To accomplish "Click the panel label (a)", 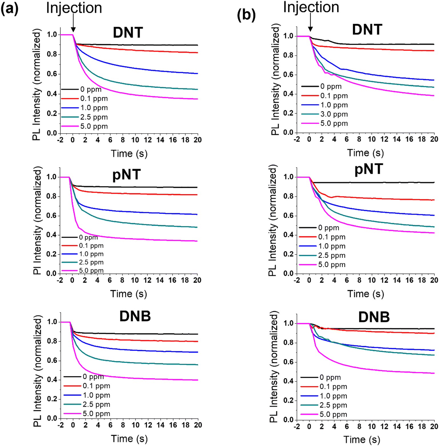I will [9, 9].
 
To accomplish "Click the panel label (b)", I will [246, 15].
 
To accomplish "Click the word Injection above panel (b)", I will [311, 7].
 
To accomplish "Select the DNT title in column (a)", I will [128, 32].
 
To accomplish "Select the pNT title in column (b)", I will [368, 169].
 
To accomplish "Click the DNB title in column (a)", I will [135, 316].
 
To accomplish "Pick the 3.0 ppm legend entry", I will [334, 114].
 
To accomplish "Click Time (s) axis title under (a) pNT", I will [129, 294].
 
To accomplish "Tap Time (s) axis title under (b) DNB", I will [362, 440].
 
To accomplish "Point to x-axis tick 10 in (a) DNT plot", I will [135, 140].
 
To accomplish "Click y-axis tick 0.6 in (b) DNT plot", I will [289, 75].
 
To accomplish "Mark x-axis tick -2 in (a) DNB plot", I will [61, 425].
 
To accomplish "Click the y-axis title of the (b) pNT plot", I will [272, 220].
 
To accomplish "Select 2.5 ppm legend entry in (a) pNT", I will [91, 262].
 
